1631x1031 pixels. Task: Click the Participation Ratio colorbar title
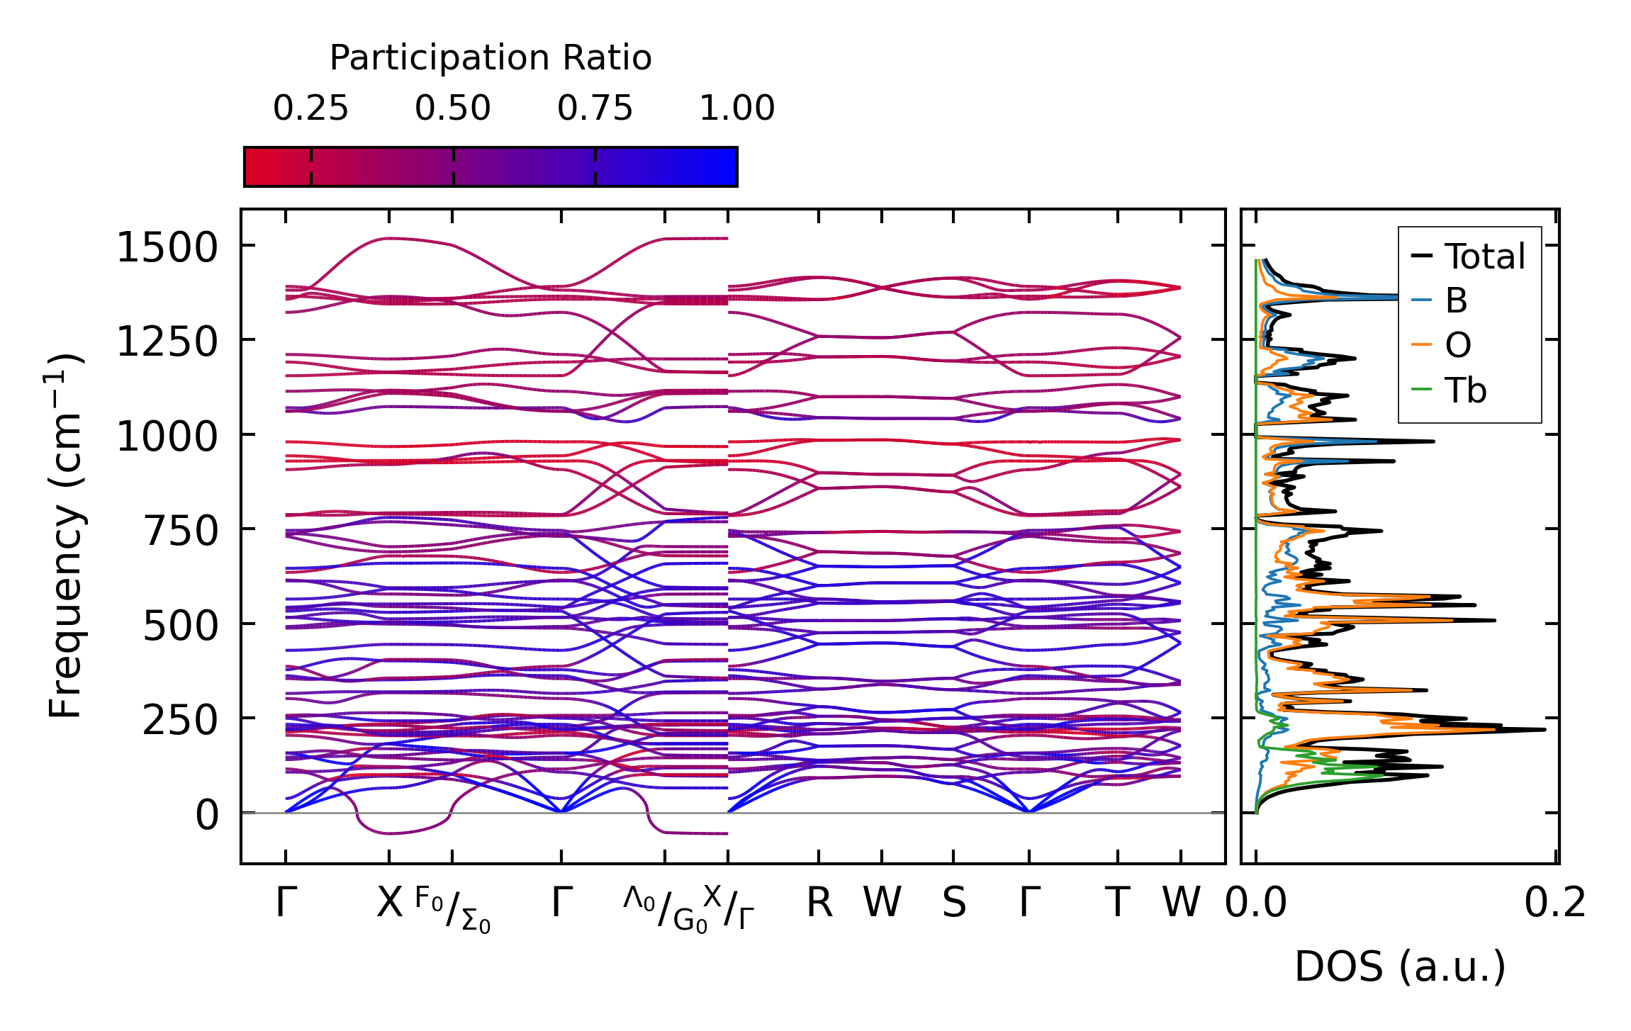(491, 57)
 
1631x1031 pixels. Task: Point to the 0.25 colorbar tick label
(310, 108)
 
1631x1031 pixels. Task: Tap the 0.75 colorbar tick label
(595, 108)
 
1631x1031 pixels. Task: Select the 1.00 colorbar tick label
(737, 108)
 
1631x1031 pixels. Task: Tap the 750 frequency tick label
(180, 531)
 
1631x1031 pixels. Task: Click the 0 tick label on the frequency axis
(207, 815)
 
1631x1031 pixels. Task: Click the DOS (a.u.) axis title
(1400, 967)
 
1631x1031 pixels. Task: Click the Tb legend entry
(1465, 390)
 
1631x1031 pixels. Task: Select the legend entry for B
(1456, 300)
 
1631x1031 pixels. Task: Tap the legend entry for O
(1458, 345)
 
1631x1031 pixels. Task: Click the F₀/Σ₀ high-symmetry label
(452, 909)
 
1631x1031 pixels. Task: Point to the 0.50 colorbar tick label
(453, 108)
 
